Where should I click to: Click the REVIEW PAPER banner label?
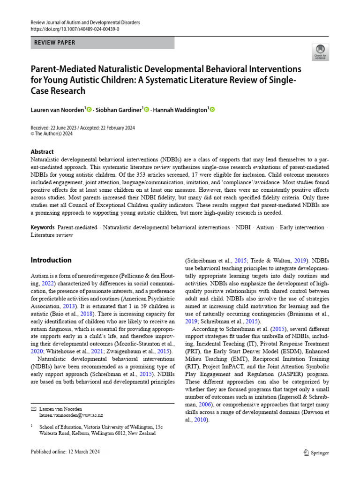click(x=55, y=43)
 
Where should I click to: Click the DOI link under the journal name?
click(x=75, y=29)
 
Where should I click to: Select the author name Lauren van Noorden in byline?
click(x=57, y=110)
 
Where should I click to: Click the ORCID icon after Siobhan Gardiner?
click(x=146, y=110)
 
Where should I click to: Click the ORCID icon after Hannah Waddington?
click(x=212, y=110)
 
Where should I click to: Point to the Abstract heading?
click(x=42, y=152)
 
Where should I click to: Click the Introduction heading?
click(x=51, y=260)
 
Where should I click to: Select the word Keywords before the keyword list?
click(x=43, y=227)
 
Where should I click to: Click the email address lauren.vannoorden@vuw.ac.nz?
click(x=71, y=415)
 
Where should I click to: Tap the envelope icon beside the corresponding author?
click(x=33, y=409)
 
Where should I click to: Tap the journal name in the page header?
click(x=85, y=22)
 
